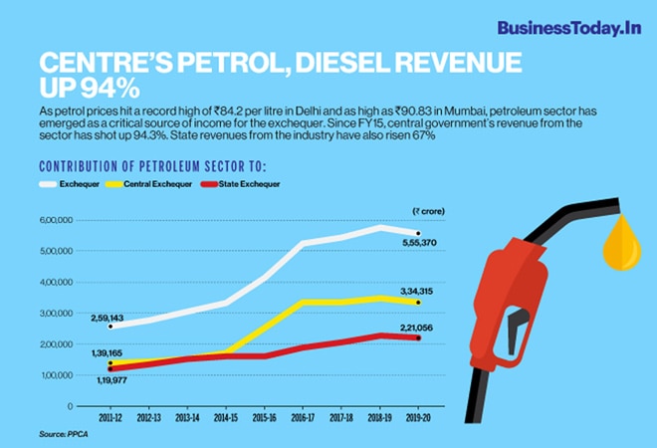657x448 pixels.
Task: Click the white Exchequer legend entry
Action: tap(78, 184)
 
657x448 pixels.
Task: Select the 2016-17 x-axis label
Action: tap(302, 417)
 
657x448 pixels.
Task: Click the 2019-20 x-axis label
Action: tap(418, 417)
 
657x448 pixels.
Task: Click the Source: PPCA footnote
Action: tap(65, 436)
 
